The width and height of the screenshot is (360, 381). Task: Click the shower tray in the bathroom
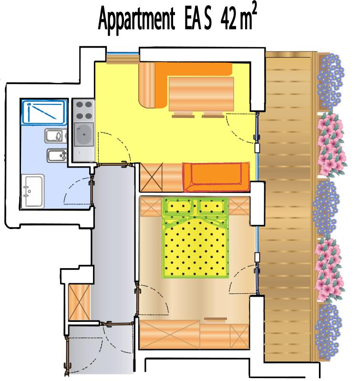point(44,112)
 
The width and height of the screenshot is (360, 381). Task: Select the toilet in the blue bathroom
point(56,136)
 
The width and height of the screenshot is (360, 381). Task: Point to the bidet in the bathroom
point(57,156)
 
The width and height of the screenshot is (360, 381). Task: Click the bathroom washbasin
point(32,191)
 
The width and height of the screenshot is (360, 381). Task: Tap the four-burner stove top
point(83,110)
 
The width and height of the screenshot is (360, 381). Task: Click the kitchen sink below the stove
point(84,134)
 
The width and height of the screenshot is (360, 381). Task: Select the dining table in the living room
point(201,94)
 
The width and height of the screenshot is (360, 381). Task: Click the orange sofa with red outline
point(216,177)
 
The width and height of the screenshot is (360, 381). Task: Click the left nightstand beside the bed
point(151,207)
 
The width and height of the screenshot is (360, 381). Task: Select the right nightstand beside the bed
point(239,207)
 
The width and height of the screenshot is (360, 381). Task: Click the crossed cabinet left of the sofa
point(151,177)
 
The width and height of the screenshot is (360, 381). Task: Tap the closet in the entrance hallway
point(79,302)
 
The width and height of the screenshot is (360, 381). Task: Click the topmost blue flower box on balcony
point(330,81)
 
